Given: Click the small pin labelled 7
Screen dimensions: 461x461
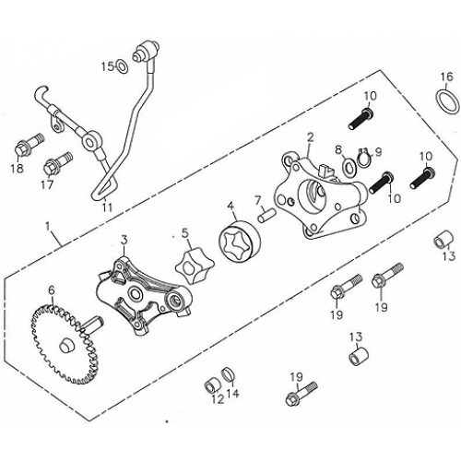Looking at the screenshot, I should (x=264, y=216).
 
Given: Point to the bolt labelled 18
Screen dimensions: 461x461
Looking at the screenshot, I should (x=23, y=149).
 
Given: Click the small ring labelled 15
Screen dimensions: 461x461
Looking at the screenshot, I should (x=123, y=67).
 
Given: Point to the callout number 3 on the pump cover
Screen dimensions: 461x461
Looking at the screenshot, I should (x=123, y=241).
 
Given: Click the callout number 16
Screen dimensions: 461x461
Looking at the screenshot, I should (x=445, y=76).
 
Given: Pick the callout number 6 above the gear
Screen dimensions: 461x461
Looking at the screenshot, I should (x=52, y=290).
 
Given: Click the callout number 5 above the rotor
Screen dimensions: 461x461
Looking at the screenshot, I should (x=184, y=232).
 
